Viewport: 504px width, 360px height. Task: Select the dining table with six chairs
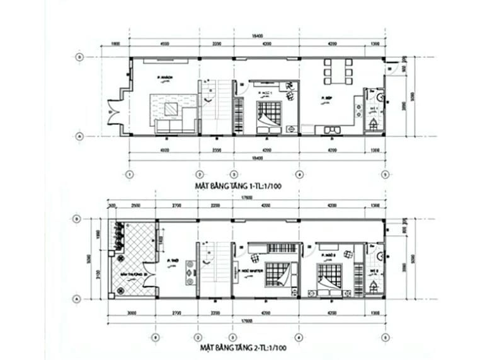pos(338,71)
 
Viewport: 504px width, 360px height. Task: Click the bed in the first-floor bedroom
pos(270,115)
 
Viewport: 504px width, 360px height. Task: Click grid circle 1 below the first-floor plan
pos(129,174)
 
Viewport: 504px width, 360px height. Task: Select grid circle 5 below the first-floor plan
pos(384,174)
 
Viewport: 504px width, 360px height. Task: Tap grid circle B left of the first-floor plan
pos(78,57)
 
